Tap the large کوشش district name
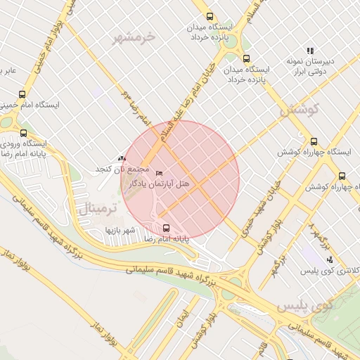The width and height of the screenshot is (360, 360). pyautogui.click(x=299, y=110)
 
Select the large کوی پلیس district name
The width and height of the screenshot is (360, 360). pyautogui.click(x=304, y=307)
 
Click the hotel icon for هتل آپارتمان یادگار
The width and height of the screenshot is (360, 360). pyautogui.click(x=159, y=173)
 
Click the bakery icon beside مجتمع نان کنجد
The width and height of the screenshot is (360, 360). pyautogui.click(x=122, y=159)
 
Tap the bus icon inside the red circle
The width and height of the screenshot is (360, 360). pyautogui.click(x=167, y=228)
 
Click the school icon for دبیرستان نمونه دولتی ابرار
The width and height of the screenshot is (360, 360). pyautogui.click(x=309, y=50)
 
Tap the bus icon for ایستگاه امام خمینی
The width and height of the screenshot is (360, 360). pyautogui.click(x=22, y=94)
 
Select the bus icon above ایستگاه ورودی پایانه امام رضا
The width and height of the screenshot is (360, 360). pyautogui.click(x=24, y=133)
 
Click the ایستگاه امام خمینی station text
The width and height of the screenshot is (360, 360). pyautogui.click(x=30, y=105)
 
